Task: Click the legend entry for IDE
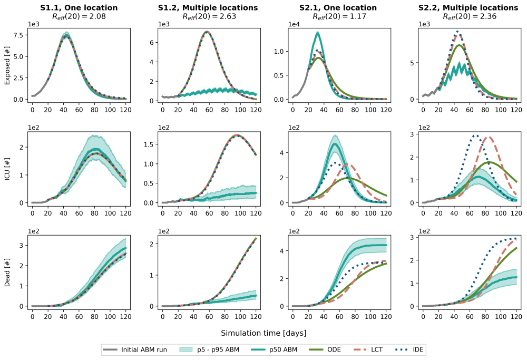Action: (417, 349)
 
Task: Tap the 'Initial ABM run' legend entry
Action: (144, 349)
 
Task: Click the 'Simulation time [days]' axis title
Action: (263, 333)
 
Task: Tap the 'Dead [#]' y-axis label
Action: (7, 271)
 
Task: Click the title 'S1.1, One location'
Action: (79, 7)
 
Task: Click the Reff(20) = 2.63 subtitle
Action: (209, 16)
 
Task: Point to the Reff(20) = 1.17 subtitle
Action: (339, 16)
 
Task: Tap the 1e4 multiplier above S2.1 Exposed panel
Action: (295, 24)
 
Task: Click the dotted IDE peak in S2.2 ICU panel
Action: (475, 135)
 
